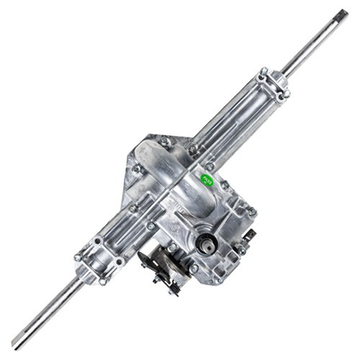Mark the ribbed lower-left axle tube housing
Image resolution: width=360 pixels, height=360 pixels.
tap(130, 225)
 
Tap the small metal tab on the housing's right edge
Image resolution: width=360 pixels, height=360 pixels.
tap(248, 236)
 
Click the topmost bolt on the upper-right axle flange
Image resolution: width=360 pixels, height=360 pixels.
tap(264, 71)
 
